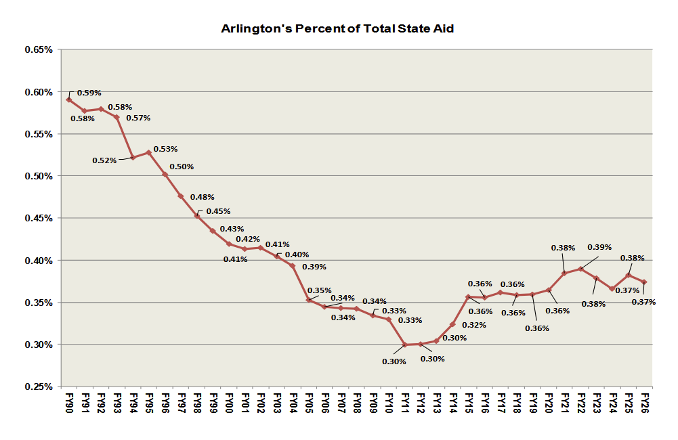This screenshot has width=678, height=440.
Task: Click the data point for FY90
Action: [69, 100]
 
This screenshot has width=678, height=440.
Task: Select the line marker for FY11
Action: [404, 345]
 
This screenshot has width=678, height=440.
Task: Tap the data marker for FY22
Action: [581, 269]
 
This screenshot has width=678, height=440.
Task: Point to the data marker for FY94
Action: [133, 157]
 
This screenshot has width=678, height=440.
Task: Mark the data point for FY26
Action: [644, 282]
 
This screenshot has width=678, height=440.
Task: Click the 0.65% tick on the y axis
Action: [38, 50]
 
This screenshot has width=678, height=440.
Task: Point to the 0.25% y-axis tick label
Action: [38, 387]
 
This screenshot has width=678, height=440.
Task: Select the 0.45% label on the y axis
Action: [38, 218]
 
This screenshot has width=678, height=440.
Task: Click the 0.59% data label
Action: [89, 93]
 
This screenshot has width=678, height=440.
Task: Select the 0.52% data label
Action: [104, 160]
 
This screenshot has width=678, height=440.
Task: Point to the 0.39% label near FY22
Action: [599, 247]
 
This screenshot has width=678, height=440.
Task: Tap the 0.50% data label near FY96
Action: [182, 167]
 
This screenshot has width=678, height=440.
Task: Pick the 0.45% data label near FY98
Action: [218, 211]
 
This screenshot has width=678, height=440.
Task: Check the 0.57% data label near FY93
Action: [138, 118]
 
